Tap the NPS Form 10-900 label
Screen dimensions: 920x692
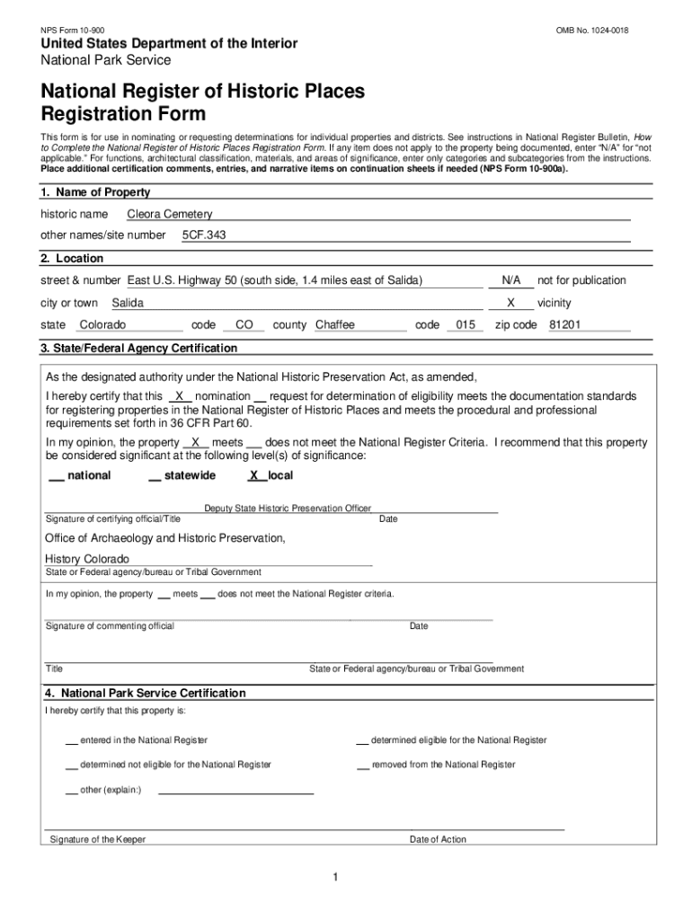click(73, 31)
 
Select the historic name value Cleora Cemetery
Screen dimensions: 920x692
click(170, 215)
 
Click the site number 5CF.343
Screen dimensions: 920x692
click(204, 235)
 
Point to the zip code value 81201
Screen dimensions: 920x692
click(564, 325)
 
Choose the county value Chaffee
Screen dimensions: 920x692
click(335, 325)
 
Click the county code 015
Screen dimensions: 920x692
click(465, 325)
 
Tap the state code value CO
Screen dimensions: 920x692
click(244, 325)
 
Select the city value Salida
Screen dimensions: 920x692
click(128, 304)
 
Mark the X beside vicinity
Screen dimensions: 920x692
click(510, 304)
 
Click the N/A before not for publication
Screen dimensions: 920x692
click(510, 281)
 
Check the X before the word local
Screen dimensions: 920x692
click(254, 476)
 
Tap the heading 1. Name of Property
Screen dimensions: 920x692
click(95, 192)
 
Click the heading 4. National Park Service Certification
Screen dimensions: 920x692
click(145, 694)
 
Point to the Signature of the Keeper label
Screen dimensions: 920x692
click(98, 840)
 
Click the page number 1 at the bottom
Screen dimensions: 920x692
click(333, 878)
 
